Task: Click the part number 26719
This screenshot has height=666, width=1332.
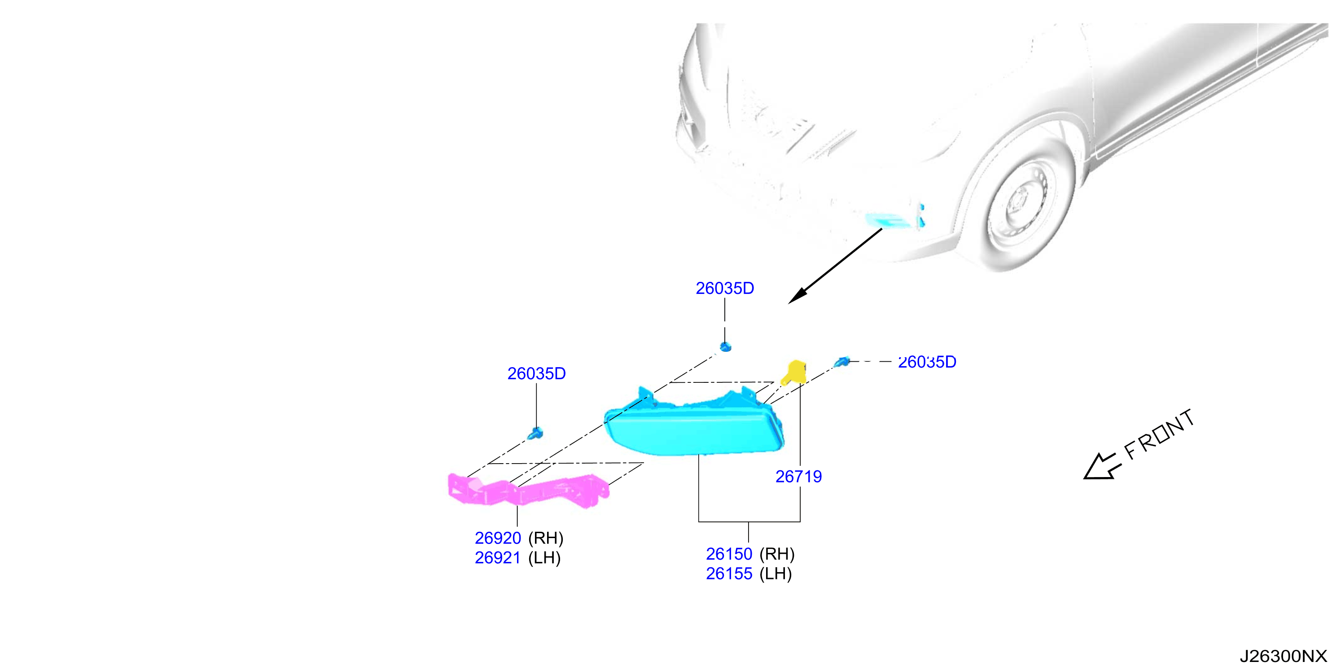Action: click(x=798, y=476)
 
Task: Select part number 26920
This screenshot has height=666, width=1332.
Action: click(x=497, y=538)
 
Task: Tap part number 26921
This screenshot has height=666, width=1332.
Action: click(x=497, y=558)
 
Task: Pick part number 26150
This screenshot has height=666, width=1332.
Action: click(x=729, y=554)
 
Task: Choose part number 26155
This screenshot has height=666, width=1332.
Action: click(x=729, y=574)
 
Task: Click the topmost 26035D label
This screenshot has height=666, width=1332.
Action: click(x=725, y=288)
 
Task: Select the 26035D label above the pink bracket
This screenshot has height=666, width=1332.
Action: click(x=536, y=373)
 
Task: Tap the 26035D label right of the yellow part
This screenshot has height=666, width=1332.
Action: click(x=927, y=362)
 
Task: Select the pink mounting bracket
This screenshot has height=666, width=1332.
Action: click(x=527, y=490)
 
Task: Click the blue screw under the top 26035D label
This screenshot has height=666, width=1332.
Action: click(x=725, y=346)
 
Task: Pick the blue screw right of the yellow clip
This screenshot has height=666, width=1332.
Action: click(x=843, y=361)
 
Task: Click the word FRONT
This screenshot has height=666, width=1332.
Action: click(x=1159, y=435)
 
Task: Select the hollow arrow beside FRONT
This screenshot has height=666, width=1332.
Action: click(x=1101, y=467)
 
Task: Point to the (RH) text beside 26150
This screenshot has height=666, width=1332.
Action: click(x=777, y=554)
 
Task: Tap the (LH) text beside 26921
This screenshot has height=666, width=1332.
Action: click(x=544, y=558)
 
